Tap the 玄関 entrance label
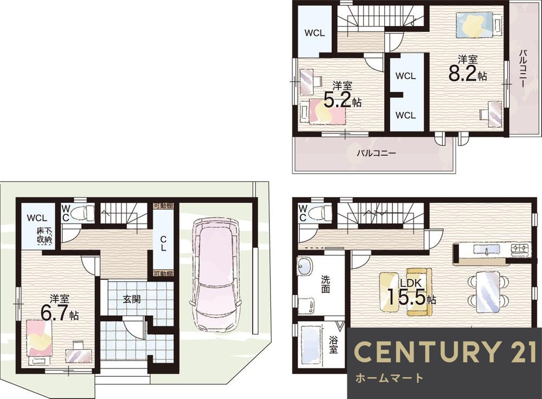click(132, 299)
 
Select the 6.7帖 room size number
click(59, 313)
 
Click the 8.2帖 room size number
click(468, 73)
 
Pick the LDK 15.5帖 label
click(411, 292)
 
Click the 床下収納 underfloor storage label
click(44, 236)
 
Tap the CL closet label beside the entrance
click(163, 243)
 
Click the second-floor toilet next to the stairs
click(321, 211)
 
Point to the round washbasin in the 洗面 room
click(305, 266)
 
